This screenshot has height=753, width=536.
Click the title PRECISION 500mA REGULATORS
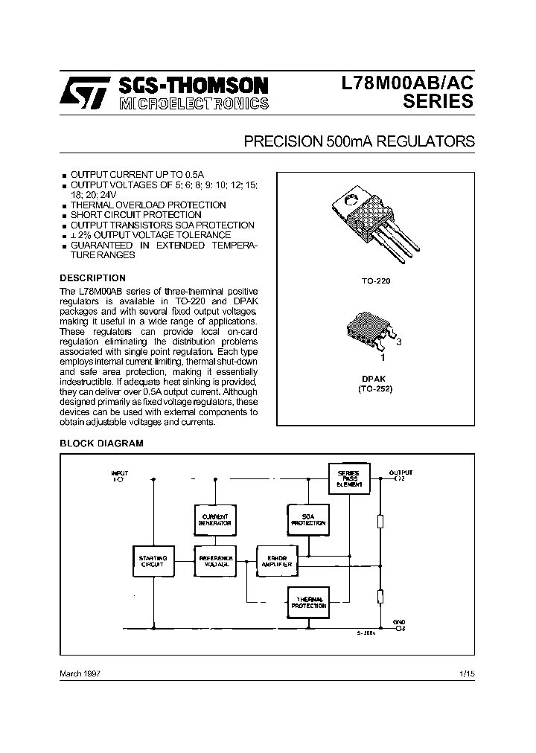pyautogui.click(x=360, y=141)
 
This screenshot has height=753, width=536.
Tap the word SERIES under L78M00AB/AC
pyautogui.click(x=438, y=102)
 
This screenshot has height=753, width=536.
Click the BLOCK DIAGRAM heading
pyautogui.click(x=101, y=443)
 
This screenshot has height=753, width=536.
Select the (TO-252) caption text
pyautogui.click(x=375, y=388)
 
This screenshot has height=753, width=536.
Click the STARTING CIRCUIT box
pyautogui.click(x=153, y=562)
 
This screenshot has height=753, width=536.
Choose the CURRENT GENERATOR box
pyautogui.click(x=215, y=519)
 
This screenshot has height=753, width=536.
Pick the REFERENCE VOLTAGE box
pyautogui.click(x=215, y=562)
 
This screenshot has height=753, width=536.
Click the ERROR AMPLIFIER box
pyautogui.click(x=276, y=562)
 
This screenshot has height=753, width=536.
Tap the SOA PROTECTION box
pyautogui.click(x=308, y=519)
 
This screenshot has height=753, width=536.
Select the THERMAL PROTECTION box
pyautogui.click(x=308, y=602)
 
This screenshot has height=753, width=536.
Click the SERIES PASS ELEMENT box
pyautogui.click(x=348, y=478)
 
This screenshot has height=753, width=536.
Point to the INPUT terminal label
pyautogui.click(x=119, y=473)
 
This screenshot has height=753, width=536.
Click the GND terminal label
pyautogui.click(x=400, y=621)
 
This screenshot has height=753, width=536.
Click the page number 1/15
pyautogui.click(x=468, y=673)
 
